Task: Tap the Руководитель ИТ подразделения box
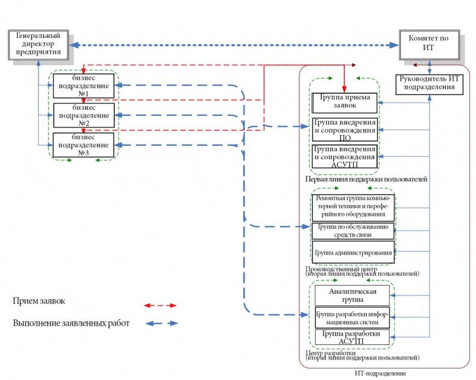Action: pos(429,84)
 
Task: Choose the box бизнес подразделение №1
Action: pos(83,86)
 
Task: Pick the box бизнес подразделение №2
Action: pos(83,115)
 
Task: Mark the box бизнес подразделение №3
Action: pos(83,145)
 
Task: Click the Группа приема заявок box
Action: pos(345,103)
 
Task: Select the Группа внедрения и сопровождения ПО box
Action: pos(345,130)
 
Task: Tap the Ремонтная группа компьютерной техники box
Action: pos(353,207)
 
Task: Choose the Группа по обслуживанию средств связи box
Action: pos(353,231)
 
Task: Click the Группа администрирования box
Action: pos(353,252)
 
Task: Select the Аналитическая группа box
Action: pos(352,294)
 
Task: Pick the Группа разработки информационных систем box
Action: pos(352,317)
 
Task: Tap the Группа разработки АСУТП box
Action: pos(352,337)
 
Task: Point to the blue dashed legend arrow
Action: pos(163,323)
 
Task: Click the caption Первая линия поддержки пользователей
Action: pos(366,179)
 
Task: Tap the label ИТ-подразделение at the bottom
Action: pos(381,373)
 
